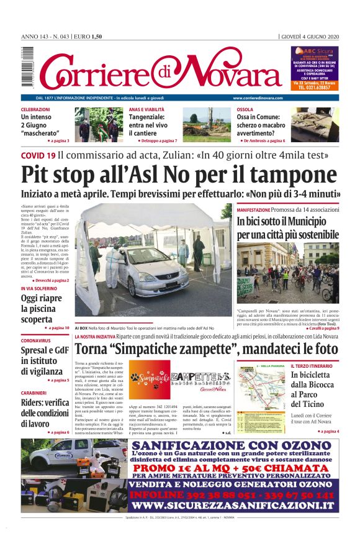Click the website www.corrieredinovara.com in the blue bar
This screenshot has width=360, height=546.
point(258,98)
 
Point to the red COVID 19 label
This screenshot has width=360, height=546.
point(38,155)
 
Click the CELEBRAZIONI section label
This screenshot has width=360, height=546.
point(35,109)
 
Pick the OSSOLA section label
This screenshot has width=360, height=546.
point(245,109)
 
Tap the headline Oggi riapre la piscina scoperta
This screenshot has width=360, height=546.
point(41,309)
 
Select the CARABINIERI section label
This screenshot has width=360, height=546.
point(38,393)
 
